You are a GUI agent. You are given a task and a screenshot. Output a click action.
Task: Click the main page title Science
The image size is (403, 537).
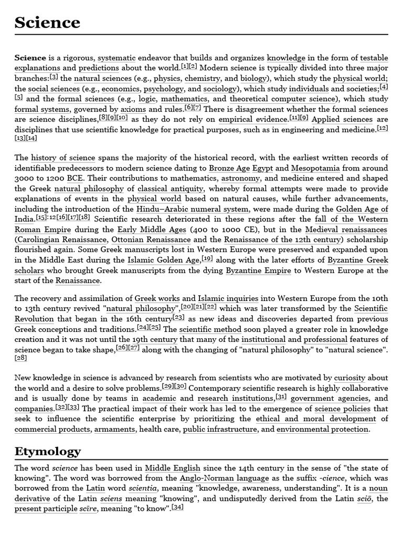pos(47,23)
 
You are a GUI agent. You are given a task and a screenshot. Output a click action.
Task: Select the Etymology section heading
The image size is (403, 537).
pos(47,451)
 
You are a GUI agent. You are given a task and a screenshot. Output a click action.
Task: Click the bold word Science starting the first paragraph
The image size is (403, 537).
pos(30,58)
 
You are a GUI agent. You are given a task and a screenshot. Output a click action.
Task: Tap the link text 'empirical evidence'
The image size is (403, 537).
pos(249,120)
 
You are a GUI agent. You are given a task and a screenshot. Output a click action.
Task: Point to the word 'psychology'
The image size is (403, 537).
pos(164,89)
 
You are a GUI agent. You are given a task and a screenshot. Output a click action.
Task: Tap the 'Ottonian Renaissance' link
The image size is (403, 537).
pos(144,240)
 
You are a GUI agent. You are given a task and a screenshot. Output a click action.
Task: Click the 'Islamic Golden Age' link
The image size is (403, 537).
pos(163,260)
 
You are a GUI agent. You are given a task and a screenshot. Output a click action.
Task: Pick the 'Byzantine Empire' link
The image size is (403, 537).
pos(258,271)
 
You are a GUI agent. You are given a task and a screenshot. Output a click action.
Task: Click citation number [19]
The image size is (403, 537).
pos(207,259)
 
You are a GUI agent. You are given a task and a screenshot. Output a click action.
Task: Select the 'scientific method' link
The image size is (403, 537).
pos(210,330)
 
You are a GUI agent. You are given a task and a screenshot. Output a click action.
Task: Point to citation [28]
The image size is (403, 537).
pos(21,358)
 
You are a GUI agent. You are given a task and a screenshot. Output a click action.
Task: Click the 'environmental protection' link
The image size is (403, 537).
pos(322,429)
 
